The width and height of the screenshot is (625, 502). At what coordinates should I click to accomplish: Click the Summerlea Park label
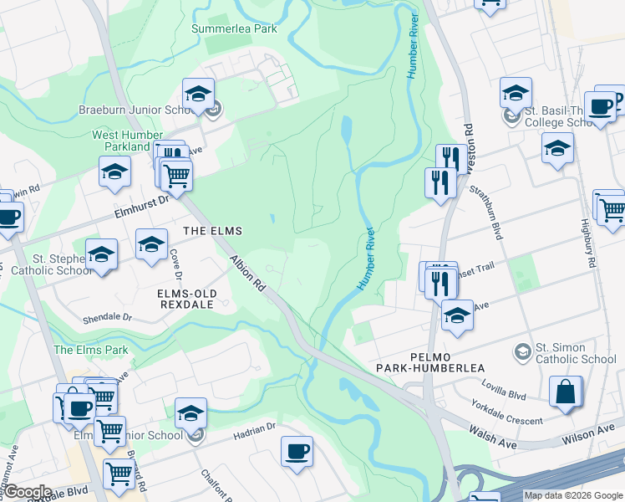(233, 28)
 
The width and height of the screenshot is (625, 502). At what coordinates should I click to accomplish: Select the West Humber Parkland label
(128, 141)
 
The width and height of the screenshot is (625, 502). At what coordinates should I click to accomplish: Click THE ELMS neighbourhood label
(212, 231)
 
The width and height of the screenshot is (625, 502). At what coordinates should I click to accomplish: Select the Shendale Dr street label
(107, 318)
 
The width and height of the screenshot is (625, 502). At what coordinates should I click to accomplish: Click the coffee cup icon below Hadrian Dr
(297, 452)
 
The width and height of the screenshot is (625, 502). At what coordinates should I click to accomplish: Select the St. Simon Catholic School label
(576, 354)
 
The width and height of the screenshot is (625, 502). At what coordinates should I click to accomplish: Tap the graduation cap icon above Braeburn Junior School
(198, 93)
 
